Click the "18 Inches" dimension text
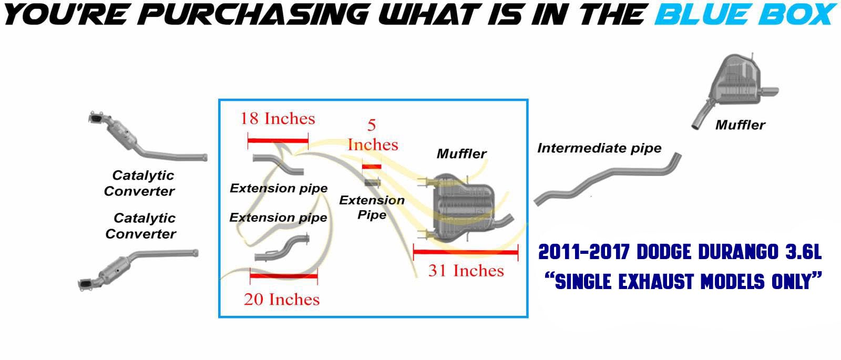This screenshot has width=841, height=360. coord(278,119)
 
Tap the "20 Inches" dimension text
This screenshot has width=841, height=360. coord(282,299)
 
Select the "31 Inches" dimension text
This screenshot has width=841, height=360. coord(466,271)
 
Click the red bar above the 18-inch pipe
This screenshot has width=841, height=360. coord(278,141)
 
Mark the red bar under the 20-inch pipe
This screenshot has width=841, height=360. coord(284,276)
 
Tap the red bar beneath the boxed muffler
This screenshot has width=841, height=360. coord(466,252)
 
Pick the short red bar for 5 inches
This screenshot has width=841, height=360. coord(372,167)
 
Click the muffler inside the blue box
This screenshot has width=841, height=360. coord(466,208)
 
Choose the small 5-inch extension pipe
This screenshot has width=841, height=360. coord(372,183)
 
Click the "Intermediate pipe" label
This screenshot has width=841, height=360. coord(599,148)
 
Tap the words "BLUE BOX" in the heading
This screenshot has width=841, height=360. coord(745,14)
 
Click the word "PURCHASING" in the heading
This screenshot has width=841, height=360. coord(255,14)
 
